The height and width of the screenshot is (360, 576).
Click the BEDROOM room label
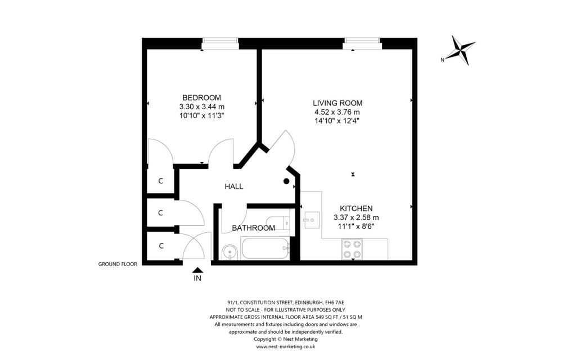(202, 98)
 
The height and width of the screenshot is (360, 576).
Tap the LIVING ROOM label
(337, 103)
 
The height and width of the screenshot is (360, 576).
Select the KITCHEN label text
(356, 209)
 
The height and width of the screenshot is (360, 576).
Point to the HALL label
(234, 187)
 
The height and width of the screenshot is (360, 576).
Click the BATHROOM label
(254, 228)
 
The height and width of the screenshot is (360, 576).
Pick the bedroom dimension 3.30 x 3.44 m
(202, 107)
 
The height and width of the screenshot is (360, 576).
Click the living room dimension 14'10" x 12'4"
(337, 121)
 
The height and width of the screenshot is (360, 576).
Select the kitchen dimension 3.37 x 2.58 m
(356, 218)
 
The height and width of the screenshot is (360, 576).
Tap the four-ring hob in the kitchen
(352, 249)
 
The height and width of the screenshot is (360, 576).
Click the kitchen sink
(312, 220)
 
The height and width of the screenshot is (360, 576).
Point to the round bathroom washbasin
(230, 253)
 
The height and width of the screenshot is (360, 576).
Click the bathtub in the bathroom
(265, 248)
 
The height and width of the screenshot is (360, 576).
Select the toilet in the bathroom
(278, 223)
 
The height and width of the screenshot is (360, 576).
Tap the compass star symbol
(462, 50)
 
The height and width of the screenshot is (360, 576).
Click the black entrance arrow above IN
(197, 270)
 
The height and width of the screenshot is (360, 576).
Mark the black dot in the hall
(286, 181)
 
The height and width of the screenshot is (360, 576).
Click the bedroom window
(220, 44)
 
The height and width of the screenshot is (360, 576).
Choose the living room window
(362, 44)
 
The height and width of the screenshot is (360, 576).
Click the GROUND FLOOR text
(118, 264)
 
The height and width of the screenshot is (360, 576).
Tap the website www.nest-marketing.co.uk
(285, 346)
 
